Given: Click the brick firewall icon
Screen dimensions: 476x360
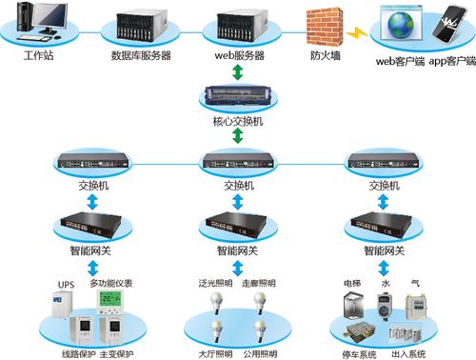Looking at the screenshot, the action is (x=325, y=27).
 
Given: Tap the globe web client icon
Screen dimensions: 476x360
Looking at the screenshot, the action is (x=401, y=23).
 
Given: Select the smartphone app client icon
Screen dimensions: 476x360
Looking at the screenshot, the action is (x=450, y=25).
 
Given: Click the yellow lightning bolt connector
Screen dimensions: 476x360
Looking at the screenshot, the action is (x=357, y=33).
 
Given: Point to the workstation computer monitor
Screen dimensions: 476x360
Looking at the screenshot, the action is (x=50, y=16).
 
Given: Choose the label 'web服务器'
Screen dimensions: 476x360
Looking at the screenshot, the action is (x=240, y=55).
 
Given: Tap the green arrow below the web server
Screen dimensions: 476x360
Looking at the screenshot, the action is (x=238, y=72).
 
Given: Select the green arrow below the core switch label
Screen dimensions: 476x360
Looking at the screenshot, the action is (x=238, y=136).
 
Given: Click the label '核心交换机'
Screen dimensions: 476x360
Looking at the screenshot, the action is (x=238, y=121).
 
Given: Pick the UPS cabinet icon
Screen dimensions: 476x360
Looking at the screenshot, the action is (x=63, y=304).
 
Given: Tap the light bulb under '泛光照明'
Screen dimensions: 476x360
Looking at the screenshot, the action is (x=216, y=303).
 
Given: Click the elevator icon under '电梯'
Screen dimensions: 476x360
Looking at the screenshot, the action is (x=353, y=306).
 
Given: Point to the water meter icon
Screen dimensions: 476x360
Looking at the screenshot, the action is (x=385, y=306).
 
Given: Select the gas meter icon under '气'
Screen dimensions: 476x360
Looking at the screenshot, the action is (x=416, y=307).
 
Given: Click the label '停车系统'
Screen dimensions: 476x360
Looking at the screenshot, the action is (x=359, y=354).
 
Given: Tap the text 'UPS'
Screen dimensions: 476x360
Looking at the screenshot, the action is (x=66, y=285).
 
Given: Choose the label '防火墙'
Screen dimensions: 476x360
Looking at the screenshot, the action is (x=326, y=55).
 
